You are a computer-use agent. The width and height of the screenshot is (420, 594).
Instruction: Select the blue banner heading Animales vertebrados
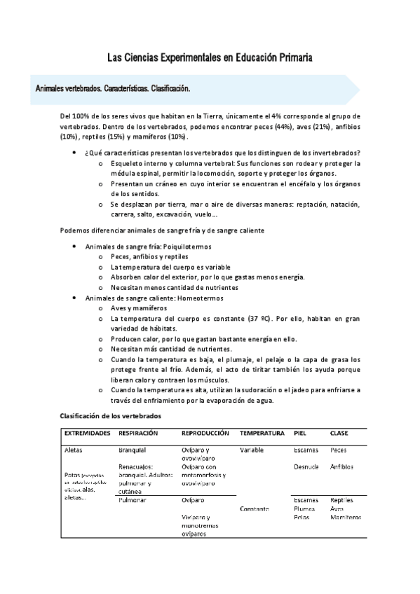(x=112, y=90)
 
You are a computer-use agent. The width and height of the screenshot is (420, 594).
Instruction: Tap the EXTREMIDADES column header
(x=88, y=433)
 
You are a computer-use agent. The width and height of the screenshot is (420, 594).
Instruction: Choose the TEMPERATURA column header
(x=262, y=433)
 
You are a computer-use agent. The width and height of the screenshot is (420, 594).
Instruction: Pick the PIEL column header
(x=300, y=433)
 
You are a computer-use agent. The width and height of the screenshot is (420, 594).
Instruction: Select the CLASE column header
(x=339, y=433)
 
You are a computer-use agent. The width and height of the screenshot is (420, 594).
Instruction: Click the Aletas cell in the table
(x=74, y=450)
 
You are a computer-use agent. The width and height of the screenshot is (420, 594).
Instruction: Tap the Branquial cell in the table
(x=132, y=450)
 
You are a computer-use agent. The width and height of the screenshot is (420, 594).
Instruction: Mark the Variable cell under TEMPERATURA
(x=252, y=450)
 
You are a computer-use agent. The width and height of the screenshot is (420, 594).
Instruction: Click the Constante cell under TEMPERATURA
(x=254, y=509)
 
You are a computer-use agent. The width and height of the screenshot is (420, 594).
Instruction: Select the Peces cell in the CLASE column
(x=338, y=450)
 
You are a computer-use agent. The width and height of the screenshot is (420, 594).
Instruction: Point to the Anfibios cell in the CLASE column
(x=341, y=467)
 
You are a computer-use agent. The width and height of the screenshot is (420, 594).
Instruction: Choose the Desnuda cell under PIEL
(x=306, y=467)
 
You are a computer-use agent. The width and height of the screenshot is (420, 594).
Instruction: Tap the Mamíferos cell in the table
(x=346, y=517)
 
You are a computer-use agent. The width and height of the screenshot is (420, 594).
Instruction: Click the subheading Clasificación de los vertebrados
(x=111, y=415)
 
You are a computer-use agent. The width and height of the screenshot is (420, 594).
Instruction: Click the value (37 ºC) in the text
(x=261, y=318)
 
